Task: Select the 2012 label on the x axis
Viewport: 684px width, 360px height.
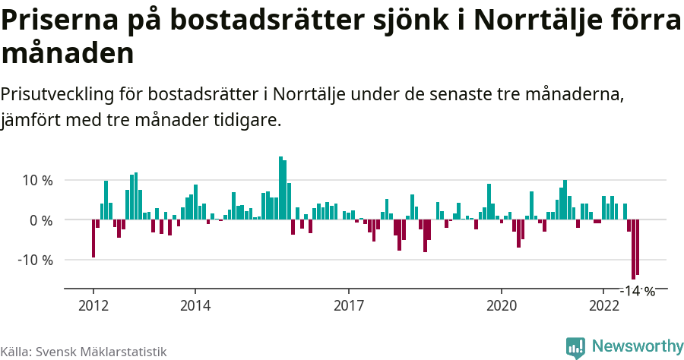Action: (93, 306)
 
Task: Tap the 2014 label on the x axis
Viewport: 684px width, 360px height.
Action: (195, 306)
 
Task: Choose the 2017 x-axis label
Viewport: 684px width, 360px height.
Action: (348, 306)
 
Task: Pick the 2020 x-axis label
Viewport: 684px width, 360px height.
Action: (502, 306)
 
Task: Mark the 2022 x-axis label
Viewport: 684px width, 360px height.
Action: (603, 306)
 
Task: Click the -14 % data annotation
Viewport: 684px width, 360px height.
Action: (638, 291)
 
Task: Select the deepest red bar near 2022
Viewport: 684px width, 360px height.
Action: (633, 250)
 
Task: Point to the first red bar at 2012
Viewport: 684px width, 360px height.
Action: (93, 238)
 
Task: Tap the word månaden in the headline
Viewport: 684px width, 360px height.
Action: (68, 54)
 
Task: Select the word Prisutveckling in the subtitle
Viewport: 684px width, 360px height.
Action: (57, 95)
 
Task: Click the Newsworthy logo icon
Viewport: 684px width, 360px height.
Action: (575, 347)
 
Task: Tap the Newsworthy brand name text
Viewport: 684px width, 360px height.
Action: (637, 346)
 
